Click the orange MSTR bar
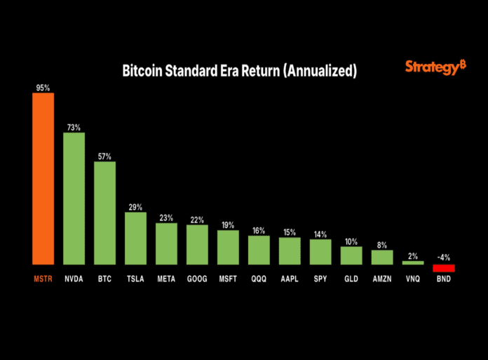pyautogui.click(x=43, y=178)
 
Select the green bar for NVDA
pyautogui.click(x=74, y=198)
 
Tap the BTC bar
pyautogui.click(x=104, y=213)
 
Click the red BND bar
pyautogui.click(x=443, y=268)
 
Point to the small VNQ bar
pyautogui.click(x=412, y=262)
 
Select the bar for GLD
pyautogui.click(x=351, y=255)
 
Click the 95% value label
pyautogui.click(x=43, y=88)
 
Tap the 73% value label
pyautogui.click(x=74, y=128)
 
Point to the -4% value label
pyautogui.click(x=443, y=257)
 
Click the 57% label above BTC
pyautogui.click(x=104, y=156)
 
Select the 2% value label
pyautogui.click(x=412, y=256)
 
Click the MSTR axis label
pyautogui.click(x=43, y=279)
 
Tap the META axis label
pyautogui.click(x=166, y=279)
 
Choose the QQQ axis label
pyautogui.click(x=259, y=279)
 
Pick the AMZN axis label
pyautogui.click(x=382, y=279)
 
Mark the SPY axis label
pyautogui.click(x=320, y=279)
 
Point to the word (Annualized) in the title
pyautogui.click(x=324, y=72)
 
